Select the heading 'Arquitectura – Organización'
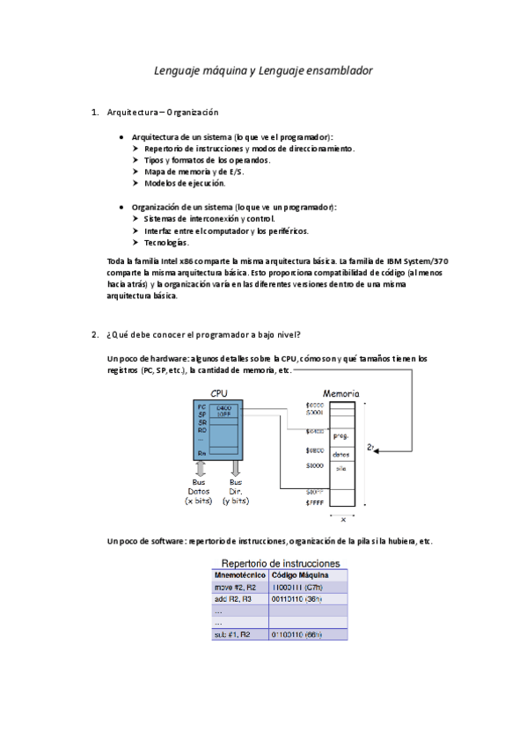[x=162, y=113]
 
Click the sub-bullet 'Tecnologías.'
[x=165, y=242]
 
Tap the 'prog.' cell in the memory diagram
[x=341, y=435]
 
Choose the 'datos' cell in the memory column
[x=341, y=454]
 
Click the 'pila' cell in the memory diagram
[x=341, y=469]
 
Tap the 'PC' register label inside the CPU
[x=201, y=406]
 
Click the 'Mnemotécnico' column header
[x=240, y=574]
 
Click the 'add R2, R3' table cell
[x=233, y=598]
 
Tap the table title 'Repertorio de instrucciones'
[x=279, y=562]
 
